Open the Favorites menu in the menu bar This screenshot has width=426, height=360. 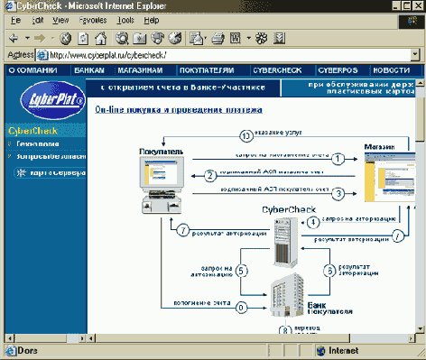[93, 18]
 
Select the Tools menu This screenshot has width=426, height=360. [126, 18]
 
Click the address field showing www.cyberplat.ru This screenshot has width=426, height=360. [226, 54]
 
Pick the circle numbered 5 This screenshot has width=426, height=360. [240, 270]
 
